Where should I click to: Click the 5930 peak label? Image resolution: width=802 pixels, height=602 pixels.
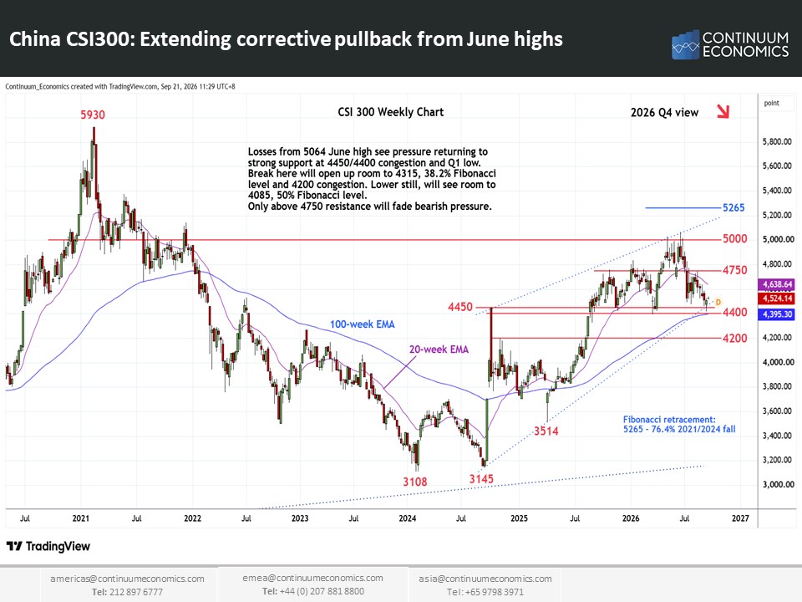93,115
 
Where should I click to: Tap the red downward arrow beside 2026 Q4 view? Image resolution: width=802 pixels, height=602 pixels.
723,111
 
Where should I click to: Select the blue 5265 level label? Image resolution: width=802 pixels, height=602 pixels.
733,208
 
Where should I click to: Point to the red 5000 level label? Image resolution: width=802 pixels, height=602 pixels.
734,239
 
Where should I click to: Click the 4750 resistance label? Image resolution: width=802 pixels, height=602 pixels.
734,270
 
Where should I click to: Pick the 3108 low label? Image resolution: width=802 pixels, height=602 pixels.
415,482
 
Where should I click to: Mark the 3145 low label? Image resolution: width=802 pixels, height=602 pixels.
481,478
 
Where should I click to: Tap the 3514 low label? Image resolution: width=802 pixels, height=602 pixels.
546,431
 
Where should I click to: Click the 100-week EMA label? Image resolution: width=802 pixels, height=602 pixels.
362,324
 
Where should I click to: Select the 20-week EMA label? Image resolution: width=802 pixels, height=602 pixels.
439,349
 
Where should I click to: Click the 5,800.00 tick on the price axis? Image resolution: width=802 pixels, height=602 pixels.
777,141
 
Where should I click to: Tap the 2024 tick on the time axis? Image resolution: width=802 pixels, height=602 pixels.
407,518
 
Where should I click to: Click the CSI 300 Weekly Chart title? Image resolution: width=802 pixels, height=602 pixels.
391,112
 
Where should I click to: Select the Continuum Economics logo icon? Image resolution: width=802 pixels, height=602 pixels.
685,44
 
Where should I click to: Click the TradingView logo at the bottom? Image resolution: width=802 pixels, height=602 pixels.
48,546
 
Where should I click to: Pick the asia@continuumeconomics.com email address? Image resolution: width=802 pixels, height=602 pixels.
485,579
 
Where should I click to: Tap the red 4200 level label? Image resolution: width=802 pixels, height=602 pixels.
734,339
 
